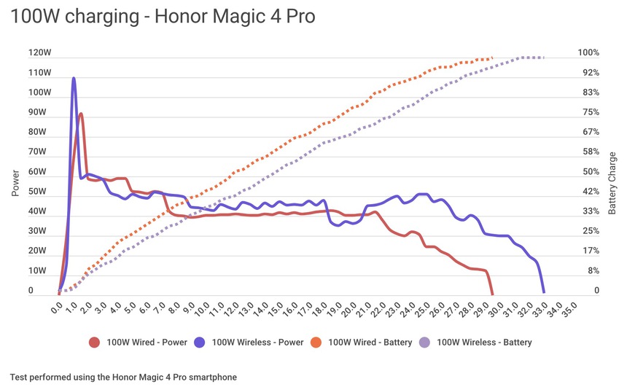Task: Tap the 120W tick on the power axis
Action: point(39,53)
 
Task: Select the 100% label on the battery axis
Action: point(588,53)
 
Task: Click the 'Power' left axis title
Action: point(15,183)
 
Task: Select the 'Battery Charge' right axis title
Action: point(612,183)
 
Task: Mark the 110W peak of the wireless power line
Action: point(74,78)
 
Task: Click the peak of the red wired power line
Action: point(81,114)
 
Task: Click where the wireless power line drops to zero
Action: point(544,292)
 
